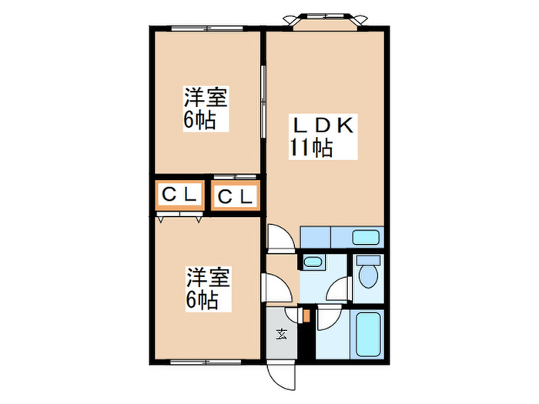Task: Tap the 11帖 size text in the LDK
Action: [x=311, y=147]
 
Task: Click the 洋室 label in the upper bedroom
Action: [x=204, y=99]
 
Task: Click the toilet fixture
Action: [x=368, y=274]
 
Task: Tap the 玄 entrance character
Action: [x=282, y=333]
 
